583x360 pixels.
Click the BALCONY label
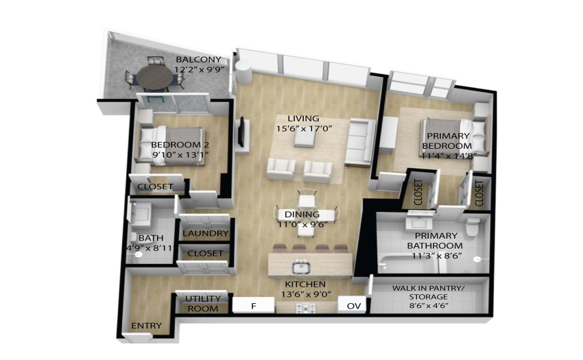pyautogui.click(x=198, y=60)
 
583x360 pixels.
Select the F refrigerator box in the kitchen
pyautogui.click(x=254, y=306)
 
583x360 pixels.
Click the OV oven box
pyautogui.click(x=354, y=306)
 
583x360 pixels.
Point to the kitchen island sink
pyautogui.click(x=301, y=267)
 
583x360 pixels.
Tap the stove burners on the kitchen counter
pyautogui.click(x=306, y=308)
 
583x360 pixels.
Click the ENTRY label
pyautogui.click(x=147, y=326)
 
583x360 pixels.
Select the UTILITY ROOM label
pyautogui.click(x=202, y=304)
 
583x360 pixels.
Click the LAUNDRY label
pyautogui.click(x=206, y=233)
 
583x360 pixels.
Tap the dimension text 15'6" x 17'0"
pyautogui.click(x=304, y=129)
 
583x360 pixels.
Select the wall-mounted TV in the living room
pyautogui.click(x=241, y=132)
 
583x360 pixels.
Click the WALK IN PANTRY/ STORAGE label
pyautogui.click(x=428, y=292)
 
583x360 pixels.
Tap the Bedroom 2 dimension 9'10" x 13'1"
pyautogui.click(x=180, y=154)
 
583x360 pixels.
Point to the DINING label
pyautogui.click(x=302, y=214)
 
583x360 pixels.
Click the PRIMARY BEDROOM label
pyautogui.click(x=448, y=141)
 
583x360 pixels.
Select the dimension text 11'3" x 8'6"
pyautogui.click(x=436, y=256)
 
